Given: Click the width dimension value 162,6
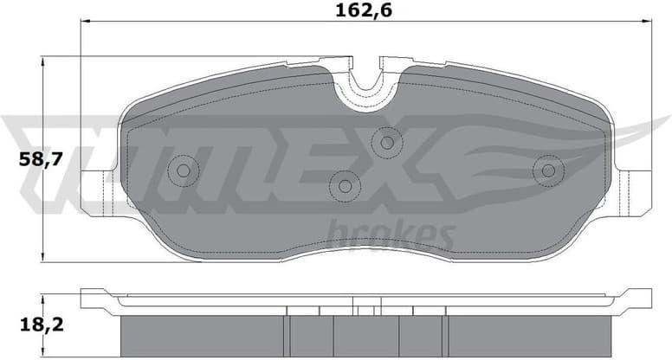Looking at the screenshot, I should coord(357,12).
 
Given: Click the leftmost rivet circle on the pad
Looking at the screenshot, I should coord(183,170).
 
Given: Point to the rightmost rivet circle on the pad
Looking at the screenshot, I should coord(548,170).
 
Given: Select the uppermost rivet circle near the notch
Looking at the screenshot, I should coord(386,142).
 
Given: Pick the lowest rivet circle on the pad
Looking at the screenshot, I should coord(345,184).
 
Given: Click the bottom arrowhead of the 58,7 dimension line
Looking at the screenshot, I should coord(43,257).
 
